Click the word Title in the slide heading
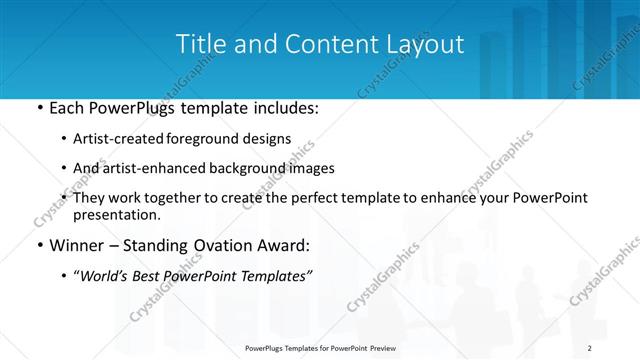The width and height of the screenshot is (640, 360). tap(198, 45)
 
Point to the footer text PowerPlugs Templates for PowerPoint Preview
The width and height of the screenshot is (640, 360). tap(320, 348)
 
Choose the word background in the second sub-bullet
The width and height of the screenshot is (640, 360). tap(254, 169)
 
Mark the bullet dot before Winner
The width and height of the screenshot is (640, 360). tap(39, 244)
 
